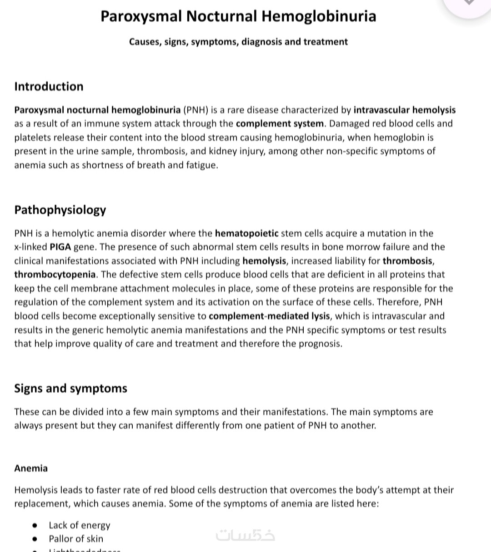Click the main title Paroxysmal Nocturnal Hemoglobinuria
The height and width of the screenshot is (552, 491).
click(238, 16)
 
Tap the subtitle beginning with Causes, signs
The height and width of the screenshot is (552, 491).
click(238, 42)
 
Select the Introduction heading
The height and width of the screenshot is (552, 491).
click(49, 87)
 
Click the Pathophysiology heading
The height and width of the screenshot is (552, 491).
click(60, 210)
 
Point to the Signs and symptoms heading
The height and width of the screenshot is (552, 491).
click(70, 389)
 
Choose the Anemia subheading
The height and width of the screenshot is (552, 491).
click(31, 468)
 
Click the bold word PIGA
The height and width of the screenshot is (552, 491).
click(60, 247)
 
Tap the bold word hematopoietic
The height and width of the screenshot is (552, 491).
click(246, 233)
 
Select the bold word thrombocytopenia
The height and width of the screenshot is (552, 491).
click(55, 275)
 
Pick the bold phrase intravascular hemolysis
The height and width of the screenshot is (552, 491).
click(404, 110)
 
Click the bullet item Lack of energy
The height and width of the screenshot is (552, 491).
click(80, 525)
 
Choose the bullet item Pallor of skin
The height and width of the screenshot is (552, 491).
click(76, 539)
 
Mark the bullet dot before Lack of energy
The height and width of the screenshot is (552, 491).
click(35, 525)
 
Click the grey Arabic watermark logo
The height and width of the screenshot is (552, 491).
click(245, 536)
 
